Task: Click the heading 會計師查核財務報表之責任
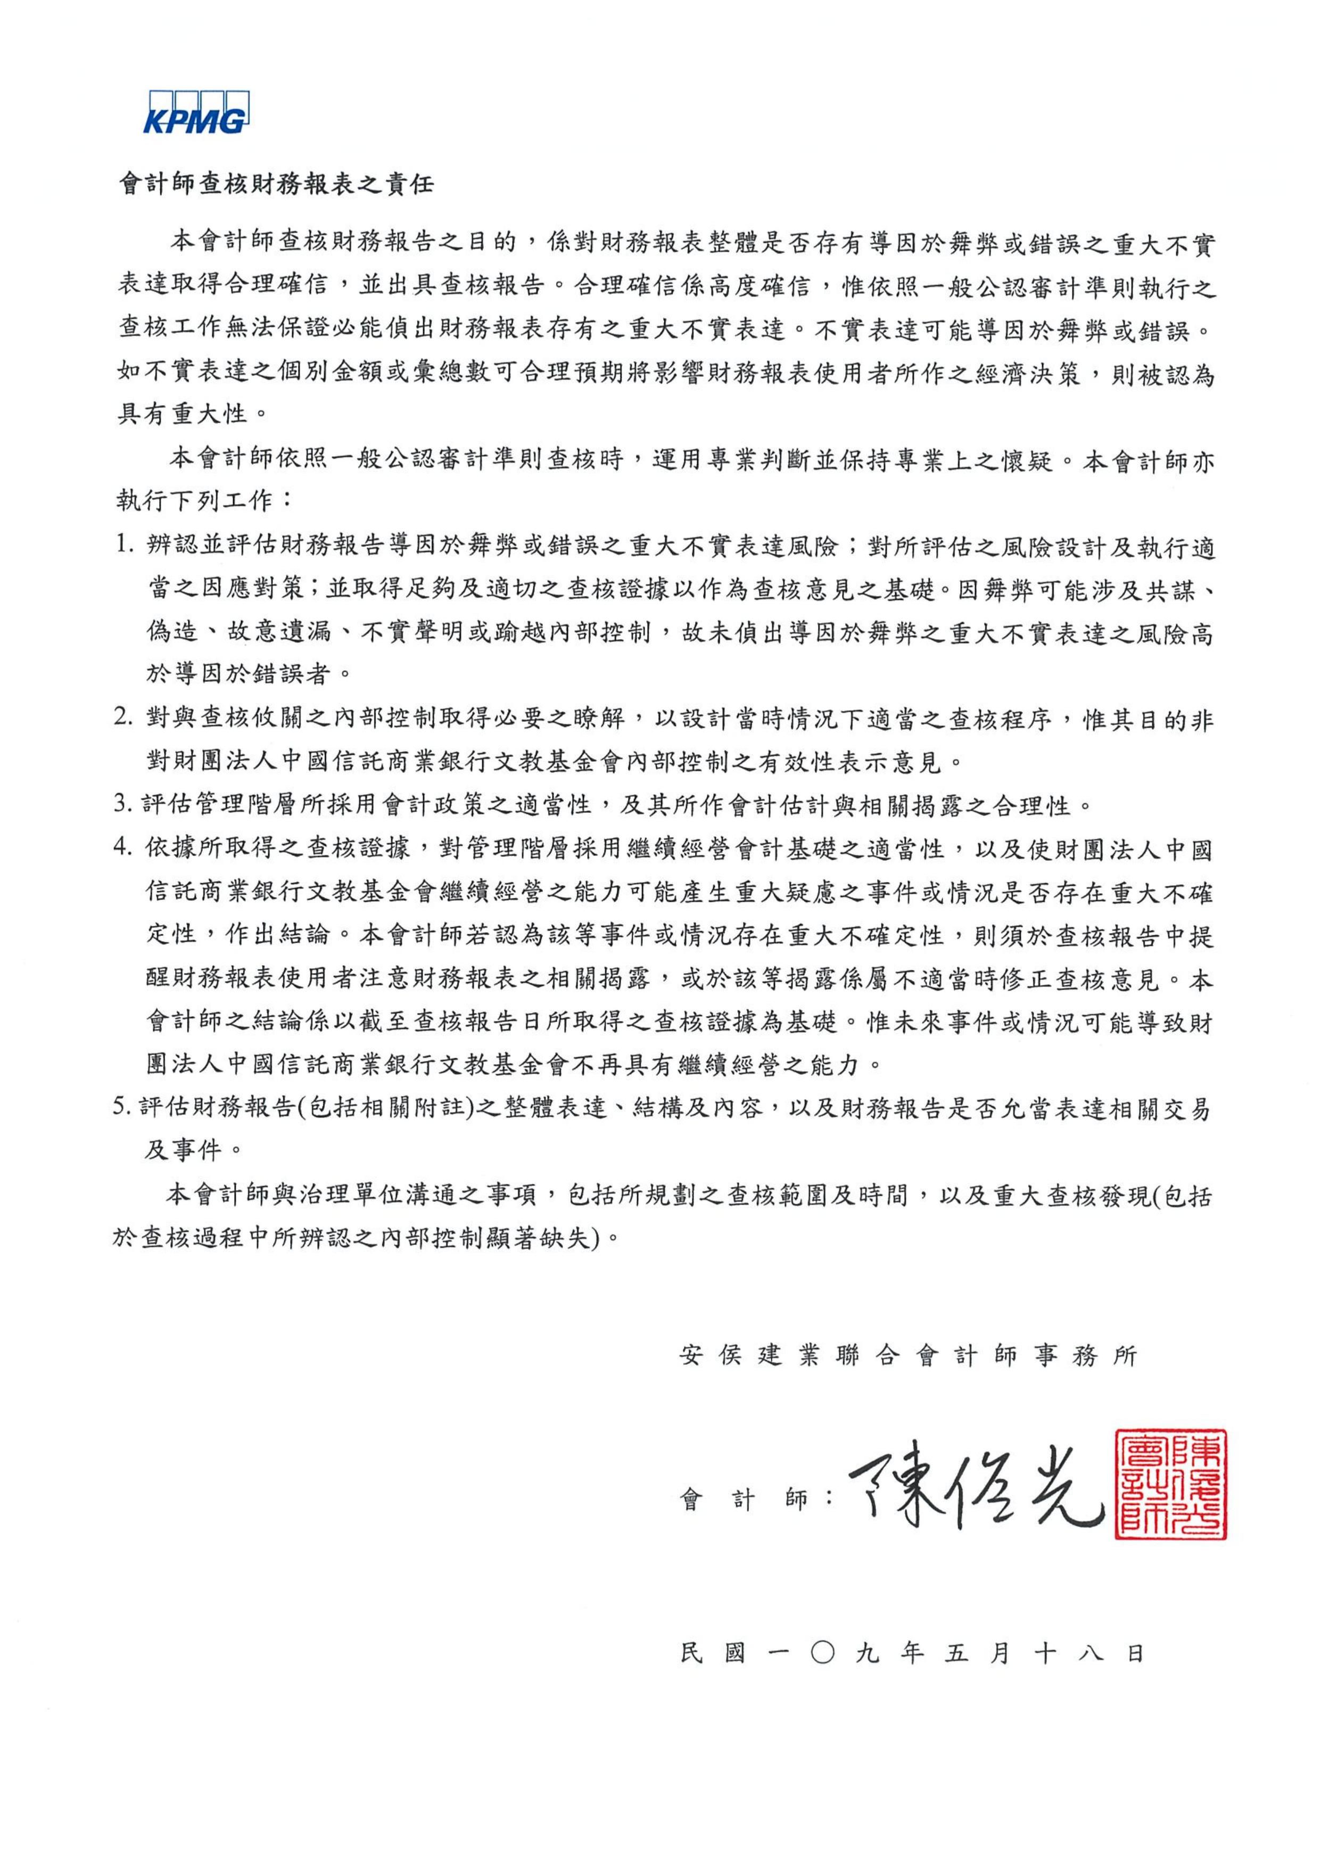pyautogui.click(x=277, y=184)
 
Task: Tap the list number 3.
pyautogui.click(x=123, y=806)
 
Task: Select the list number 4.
pyautogui.click(x=123, y=849)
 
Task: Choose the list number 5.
pyautogui.click(x=123, y=1108)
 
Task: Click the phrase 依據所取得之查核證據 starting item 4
pyautogui.click(x=277, y=849)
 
